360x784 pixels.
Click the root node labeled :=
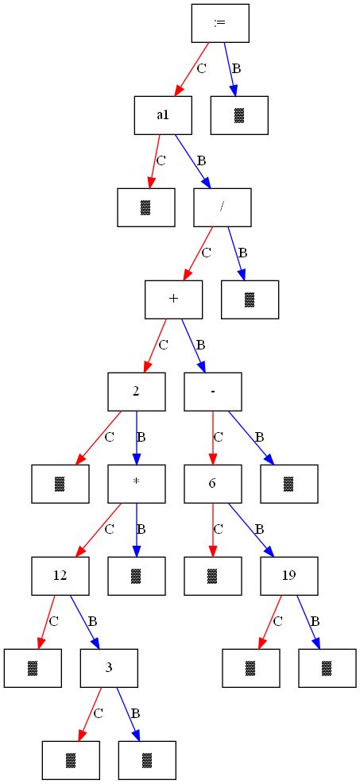tap(220, 23)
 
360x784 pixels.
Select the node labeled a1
tap(163, 115)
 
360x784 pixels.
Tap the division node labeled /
tap(223, 207)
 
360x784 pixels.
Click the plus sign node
tap(173, 299)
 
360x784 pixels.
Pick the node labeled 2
tap(136, 392)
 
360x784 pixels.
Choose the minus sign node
tap(213, 392)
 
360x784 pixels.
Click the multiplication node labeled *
tap(136, 484)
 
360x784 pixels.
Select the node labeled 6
tap(213, 484)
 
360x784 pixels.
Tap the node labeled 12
tap(60, 576)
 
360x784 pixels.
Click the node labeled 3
tap(109, 668)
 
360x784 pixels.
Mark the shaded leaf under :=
tap(239, 115)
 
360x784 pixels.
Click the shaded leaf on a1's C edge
tap(145, 207)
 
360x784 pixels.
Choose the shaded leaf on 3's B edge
tap(147, 760)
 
